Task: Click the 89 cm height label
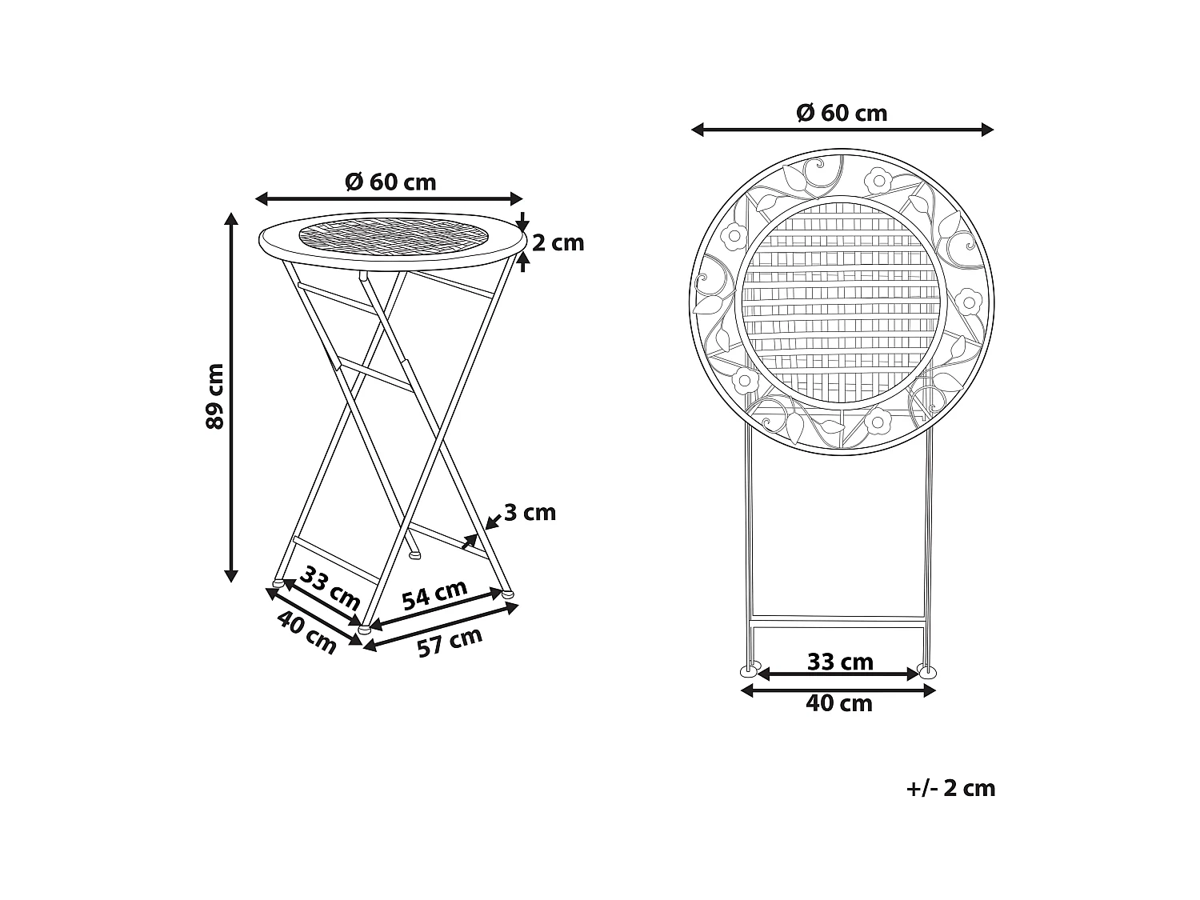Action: [214, 396]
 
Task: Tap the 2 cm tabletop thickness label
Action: [558, 242]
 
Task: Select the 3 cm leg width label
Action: [529, 512]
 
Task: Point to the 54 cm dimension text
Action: [434, 595]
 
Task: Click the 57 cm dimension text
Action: [450, 642]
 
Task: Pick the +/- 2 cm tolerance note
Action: [950, 788]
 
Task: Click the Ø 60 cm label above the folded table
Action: [842, 113]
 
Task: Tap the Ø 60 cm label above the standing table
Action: [390, 182]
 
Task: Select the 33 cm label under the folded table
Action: [840, 662]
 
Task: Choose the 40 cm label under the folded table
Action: [839, 703]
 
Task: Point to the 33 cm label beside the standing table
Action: [330, 587]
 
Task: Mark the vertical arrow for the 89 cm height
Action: [231, 396]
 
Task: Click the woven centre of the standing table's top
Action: [392, 236]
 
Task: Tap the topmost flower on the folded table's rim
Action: [878, 181]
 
